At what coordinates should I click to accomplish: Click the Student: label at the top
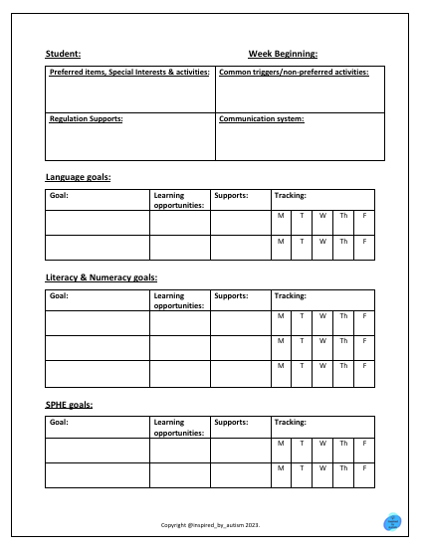63,54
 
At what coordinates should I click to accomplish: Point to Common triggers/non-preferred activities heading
294,73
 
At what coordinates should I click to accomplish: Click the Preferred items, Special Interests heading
128,73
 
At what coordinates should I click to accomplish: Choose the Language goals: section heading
78,176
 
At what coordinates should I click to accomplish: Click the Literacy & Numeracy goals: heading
101,277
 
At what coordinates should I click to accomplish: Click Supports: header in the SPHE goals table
231,422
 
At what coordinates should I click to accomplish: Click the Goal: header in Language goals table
59,196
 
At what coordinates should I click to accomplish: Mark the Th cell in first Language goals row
343,216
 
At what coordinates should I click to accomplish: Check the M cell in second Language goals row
281,241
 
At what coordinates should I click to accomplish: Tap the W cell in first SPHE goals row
322,443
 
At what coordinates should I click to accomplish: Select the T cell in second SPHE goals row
302,467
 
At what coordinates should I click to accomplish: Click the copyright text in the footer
211,524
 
